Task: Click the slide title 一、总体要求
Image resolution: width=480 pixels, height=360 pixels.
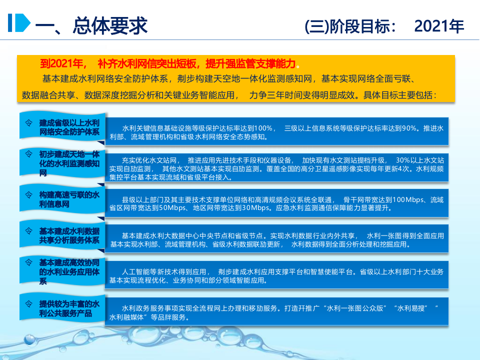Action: point(90,24)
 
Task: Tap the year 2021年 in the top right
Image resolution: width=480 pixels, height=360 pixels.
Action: point(439,26)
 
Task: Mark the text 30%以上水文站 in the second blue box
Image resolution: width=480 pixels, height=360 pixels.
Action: point(419,160)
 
